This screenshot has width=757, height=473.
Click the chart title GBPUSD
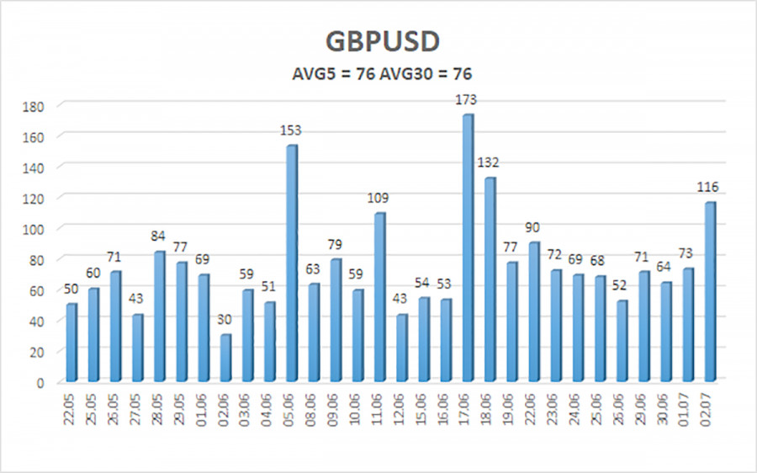382,41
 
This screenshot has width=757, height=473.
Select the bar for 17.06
468,247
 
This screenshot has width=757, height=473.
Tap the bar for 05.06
292,263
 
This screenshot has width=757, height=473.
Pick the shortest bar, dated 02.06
225,358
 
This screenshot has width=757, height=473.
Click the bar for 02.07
710,292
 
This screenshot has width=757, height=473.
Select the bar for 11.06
379,297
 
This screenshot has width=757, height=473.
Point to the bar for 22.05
71,343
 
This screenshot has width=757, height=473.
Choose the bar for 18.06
490,279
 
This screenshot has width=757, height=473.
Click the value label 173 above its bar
466,99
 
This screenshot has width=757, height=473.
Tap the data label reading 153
291,130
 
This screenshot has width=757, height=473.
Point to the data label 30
225,319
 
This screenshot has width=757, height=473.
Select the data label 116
707,187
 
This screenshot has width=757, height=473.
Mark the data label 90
532,227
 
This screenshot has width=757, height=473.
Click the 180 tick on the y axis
34,107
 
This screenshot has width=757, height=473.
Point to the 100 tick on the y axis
34,230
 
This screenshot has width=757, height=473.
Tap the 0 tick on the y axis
40,383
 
